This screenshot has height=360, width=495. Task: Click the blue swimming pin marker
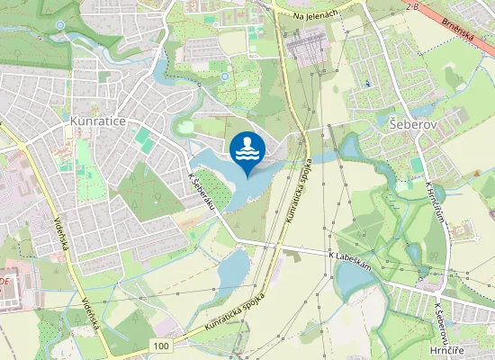247,154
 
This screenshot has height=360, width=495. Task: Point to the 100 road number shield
161,346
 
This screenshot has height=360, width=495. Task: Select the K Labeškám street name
352,257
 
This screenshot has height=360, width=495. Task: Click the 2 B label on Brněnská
412,7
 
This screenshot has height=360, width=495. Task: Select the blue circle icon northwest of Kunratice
59,25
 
